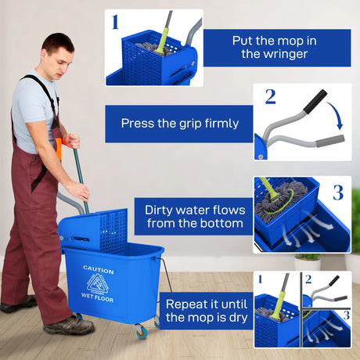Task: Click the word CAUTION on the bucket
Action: coord(99,270)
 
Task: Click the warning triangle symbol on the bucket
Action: coord(99,283)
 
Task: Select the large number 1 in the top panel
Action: coord(115,21)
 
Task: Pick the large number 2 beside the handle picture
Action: coord(270,96)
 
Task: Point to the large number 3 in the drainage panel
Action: coord(338,192)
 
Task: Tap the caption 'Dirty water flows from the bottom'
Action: coord(195,217)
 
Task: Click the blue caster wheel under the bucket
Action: coord(142,333)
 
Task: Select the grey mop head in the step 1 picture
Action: coord(149,48)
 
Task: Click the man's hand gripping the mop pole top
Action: coord(71,141)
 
